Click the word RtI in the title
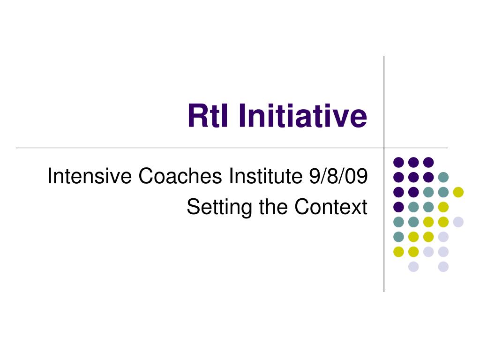(208, 115)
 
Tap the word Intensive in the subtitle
(90, 176)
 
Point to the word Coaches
(180, 176)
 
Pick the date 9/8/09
(338, 176)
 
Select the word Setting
(219, 207)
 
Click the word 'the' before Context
(273, 207)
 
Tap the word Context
(331, 207)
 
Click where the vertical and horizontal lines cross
(384, 148)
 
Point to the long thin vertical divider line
(384, 174)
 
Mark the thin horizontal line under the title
(232, 148)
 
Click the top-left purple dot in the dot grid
(398, 162)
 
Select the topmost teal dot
(443, 177)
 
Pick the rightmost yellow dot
(458, 192)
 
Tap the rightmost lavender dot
(458, 222)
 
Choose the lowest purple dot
(398, 207)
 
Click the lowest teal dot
(398, 237)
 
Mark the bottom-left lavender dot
(413, 267)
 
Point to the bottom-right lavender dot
(443, 267)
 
